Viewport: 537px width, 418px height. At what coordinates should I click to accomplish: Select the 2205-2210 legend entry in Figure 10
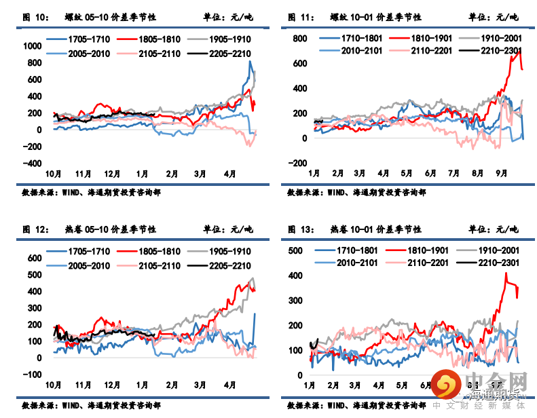pos(219,54)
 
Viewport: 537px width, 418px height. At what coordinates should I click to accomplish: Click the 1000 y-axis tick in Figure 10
pos(32,46)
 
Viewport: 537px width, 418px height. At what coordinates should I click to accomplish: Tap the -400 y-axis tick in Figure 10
pos(32,164)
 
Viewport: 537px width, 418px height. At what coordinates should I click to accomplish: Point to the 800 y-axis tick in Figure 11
pos(301,39)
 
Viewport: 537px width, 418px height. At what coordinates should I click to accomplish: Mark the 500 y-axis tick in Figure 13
pos(296,251)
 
